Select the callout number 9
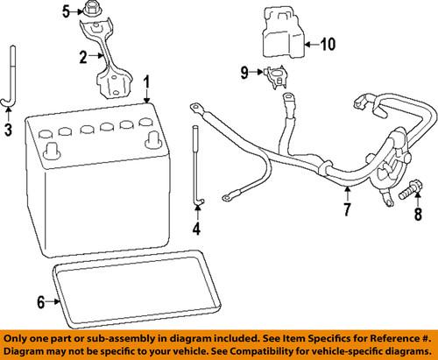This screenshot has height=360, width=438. (244, 72)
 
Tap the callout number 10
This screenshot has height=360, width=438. (327, 44)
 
